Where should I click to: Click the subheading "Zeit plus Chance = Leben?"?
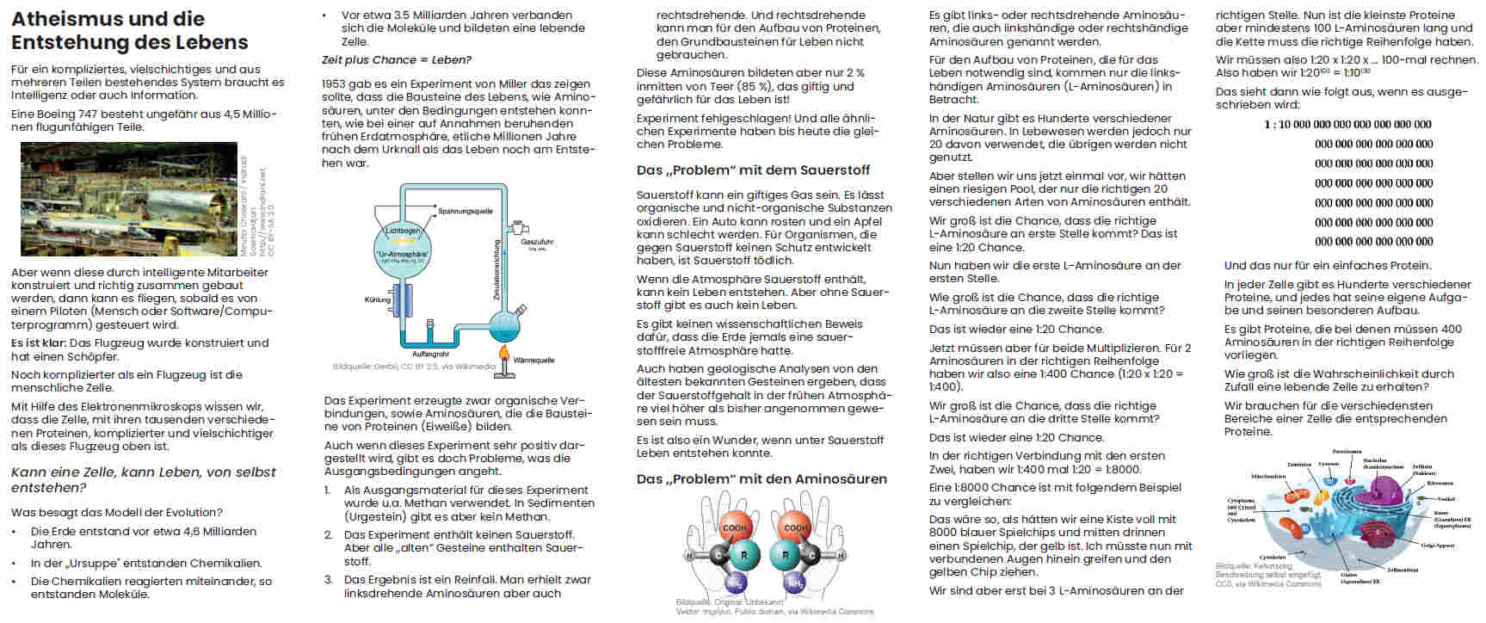(x=396, y=60)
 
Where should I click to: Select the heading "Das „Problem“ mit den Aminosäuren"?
(x=761, y=479)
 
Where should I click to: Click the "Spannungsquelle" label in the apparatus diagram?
(x=465, y=211)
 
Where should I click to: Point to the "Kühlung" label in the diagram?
(x=377, y=300)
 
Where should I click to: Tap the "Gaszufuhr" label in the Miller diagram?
(x=537, y=242)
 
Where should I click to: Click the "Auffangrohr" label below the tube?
(x=430, y=354)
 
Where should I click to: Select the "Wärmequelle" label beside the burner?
(x=533, y=361)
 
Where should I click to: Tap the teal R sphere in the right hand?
(x=785, y=555)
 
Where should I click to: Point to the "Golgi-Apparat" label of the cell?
(x=1438, y=546)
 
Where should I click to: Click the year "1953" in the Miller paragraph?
(x=334, y=84)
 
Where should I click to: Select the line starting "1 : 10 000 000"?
(x=1347, y=125)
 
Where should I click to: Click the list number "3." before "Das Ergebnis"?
(x=329, y=580)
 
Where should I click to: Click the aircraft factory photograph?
(x=128, y=199)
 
